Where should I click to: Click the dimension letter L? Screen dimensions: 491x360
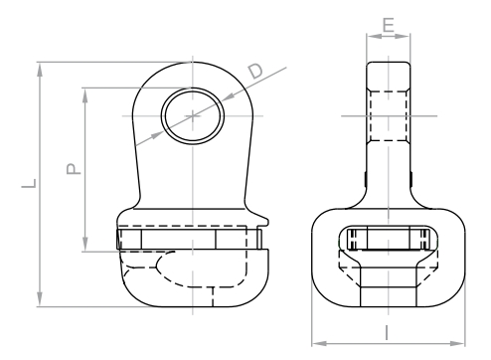[29, 184]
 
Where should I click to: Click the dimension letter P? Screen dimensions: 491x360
[74, 168]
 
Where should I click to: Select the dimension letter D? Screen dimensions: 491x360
[255, 71]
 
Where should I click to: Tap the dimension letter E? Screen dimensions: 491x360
[389, 25]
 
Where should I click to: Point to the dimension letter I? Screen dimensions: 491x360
[387, 333]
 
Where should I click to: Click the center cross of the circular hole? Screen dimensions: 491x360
[193, 116]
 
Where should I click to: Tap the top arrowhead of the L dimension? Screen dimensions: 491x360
[40, 71]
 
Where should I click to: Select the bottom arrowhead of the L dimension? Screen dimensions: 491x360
[40, 299]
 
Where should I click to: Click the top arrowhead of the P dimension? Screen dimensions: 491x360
[85, 95]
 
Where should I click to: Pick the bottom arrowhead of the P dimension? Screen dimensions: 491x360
[85, 244]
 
